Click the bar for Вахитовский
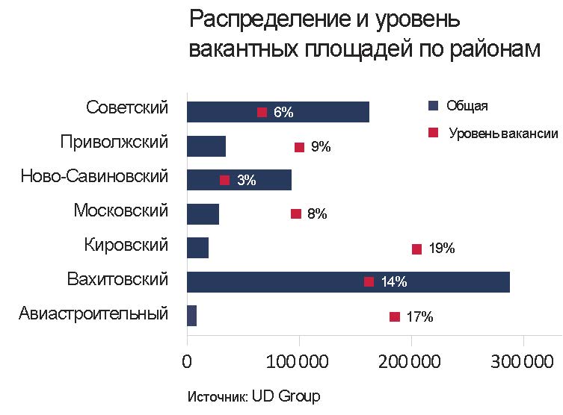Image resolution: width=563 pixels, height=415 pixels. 348,281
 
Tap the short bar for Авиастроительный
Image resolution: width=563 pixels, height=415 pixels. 191,316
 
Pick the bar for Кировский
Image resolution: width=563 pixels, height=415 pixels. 197,248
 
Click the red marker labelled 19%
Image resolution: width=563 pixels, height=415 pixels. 416,249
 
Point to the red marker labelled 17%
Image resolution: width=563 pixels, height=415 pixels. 394,316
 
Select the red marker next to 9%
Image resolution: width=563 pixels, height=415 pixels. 299,147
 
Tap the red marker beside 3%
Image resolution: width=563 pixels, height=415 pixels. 224,180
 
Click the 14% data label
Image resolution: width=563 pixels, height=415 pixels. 393,282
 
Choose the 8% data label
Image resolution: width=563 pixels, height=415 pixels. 317,214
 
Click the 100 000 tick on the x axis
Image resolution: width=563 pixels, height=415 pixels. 299,361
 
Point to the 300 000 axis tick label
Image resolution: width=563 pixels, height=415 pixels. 523,361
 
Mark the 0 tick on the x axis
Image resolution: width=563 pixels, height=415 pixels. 187,361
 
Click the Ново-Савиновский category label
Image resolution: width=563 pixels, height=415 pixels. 94,177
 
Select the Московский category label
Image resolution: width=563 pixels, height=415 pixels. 121,211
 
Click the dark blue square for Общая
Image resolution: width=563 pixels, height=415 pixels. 431,106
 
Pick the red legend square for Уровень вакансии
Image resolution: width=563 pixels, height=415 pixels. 431,133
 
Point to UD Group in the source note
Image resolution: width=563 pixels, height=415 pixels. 285,396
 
